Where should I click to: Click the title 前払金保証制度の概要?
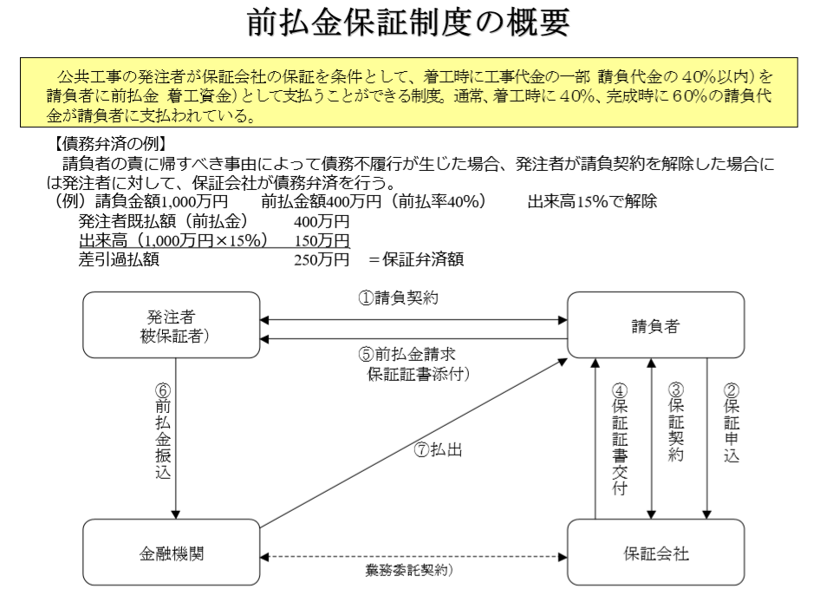click(409, 23)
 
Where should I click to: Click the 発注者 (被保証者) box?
click(171, 326)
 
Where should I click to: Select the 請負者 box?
click(655, 326)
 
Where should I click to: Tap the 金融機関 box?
click(171, 553)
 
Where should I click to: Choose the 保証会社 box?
click(655, 553)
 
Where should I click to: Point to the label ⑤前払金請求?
click(407, 354)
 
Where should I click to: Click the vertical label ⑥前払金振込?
click(163, 429)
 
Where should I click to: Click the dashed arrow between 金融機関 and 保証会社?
click(413, 553)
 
